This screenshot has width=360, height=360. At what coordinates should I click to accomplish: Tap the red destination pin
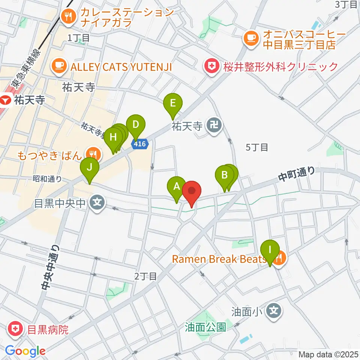tap(192, 191)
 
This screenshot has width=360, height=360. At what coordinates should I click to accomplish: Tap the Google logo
tap(25, 351)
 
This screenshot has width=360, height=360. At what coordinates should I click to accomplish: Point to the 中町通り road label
tap(297, 175)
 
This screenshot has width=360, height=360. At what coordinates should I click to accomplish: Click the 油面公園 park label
tap(205, 327)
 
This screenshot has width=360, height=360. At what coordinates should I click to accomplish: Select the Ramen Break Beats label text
tap(220, 259)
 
